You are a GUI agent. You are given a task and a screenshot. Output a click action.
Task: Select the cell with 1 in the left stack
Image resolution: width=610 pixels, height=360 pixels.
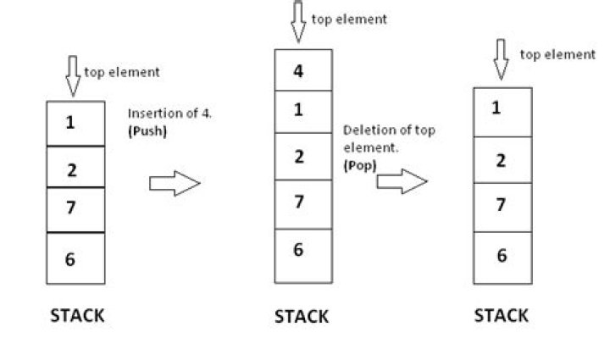point(75,124)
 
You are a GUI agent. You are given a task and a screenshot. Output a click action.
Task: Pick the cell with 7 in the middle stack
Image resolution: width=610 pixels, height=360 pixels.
point(302,203)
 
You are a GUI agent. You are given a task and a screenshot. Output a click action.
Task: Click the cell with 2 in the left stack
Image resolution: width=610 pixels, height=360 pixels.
point(75,167)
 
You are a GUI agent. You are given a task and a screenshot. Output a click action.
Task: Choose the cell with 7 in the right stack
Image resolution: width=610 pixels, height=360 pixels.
point(502,206)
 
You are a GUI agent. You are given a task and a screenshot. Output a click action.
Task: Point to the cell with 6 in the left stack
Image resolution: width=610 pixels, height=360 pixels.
point(75,258)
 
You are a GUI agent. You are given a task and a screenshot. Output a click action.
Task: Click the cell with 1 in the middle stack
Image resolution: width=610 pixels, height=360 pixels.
point(302,110)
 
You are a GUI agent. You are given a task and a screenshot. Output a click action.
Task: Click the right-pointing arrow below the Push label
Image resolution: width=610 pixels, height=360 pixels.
point(174,183)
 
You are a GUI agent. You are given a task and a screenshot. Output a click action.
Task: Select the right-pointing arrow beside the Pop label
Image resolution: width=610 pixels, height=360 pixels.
point(402,180)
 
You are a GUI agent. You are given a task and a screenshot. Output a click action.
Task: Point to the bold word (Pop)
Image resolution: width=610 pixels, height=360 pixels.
point(359,165)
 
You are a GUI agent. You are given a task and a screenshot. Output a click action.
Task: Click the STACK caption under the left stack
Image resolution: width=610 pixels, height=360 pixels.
point(77,316)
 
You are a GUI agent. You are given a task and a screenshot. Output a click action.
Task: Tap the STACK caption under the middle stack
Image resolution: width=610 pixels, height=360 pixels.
point(301,317)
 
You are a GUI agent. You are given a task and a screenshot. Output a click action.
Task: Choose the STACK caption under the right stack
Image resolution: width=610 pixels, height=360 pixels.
point(501,316)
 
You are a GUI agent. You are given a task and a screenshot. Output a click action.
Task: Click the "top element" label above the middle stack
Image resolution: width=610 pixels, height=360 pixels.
point(349,19)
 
